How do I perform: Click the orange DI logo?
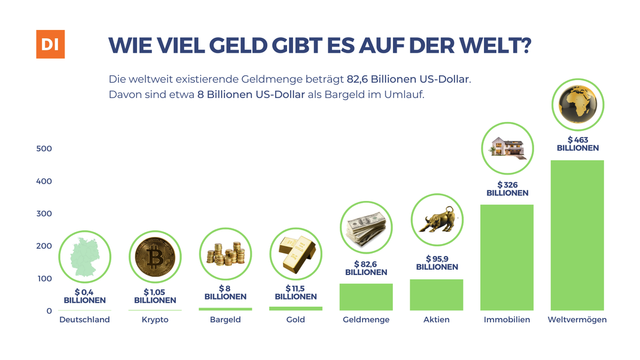(50, 44)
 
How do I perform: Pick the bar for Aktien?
(437, 295)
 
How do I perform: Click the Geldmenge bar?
(366, 297)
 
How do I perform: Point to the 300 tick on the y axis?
(44, 213)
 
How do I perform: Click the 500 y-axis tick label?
(44, 148)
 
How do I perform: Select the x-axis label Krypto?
(155, 320)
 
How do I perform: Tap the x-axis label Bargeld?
(225, 320)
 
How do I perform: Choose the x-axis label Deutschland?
(84, 320)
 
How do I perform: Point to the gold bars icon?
(296, 254)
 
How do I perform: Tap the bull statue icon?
(437, 219)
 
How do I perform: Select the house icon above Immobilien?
(507, 148)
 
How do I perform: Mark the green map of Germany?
(85, 258)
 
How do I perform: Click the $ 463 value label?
(578, 144)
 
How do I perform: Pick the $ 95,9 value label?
(437, 263)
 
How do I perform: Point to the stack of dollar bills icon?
(367, 227)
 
